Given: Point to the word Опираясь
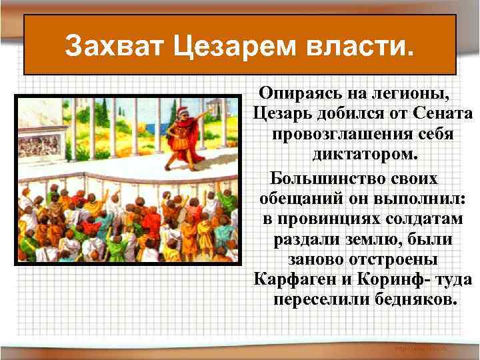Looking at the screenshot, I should (299, 91).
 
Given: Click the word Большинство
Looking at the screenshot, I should (319, 179).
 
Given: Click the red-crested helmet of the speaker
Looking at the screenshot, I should (179, 107).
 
